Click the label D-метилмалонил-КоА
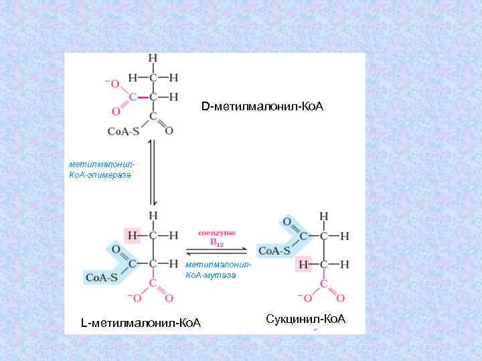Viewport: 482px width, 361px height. point(262,107)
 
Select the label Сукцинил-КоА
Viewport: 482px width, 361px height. point(305,318)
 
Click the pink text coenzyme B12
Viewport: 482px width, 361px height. point(216,239)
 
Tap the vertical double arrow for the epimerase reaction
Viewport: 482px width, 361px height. point(153,172)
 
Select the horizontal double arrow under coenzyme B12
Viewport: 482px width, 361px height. point(216,252)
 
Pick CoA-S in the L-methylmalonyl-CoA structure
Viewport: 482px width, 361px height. point(100,277)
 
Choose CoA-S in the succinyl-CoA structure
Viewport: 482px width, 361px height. point(274,251)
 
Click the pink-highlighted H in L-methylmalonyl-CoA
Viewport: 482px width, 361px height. point(133,235)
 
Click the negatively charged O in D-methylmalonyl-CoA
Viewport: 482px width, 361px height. point(113,84)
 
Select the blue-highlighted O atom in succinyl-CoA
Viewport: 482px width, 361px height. point(287,222)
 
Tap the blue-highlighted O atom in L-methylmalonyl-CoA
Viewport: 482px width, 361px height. point(116,249)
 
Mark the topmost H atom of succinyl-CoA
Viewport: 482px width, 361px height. point(324,217)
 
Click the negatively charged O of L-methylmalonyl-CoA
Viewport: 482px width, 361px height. point(136,297)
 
